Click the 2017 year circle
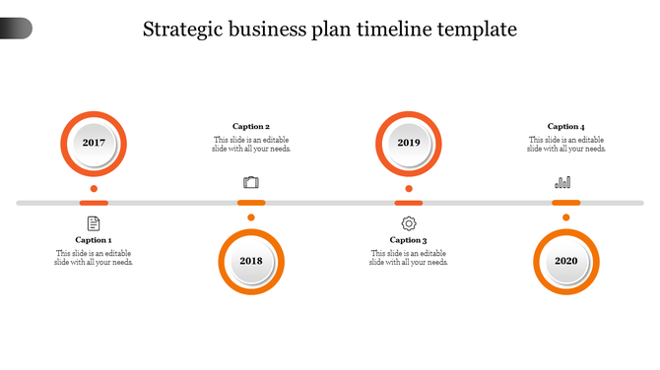pos(94,143)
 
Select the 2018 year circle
pos(251,261)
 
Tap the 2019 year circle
pos(409,143)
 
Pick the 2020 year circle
pos(566,261)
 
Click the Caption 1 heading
pos(94,240)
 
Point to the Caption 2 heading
pos(251,126)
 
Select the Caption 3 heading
pos(409,240)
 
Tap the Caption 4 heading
pos(566,126)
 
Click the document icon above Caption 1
pos(94,223)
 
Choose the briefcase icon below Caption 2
pos(251,182)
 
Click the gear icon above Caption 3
pos(409,223)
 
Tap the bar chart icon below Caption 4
pos(563,182)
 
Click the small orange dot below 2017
pos(94,188)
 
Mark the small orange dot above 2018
pos(251,217)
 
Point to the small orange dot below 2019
pos(409,188)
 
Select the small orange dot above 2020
pos(566,217)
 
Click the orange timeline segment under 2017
pos(94,203)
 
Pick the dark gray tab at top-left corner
pos(16,29)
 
